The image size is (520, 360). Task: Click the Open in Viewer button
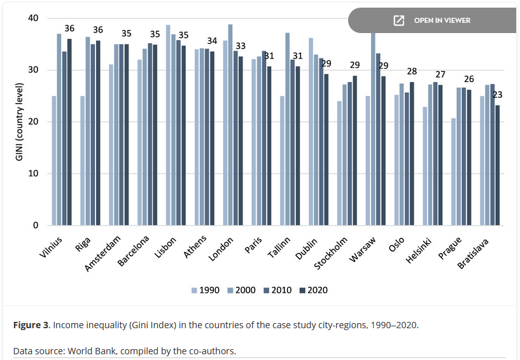[433, 20]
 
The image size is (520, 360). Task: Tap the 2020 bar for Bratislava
[497, 165]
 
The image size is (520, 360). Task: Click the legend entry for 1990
[206, 290]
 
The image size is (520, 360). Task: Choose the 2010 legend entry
[277, 290]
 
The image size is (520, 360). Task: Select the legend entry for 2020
[313, 290]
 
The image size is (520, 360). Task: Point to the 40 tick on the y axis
[32, 18]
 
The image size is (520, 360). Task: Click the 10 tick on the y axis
[32, 174]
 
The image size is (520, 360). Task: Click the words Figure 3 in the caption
[31, 325]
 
